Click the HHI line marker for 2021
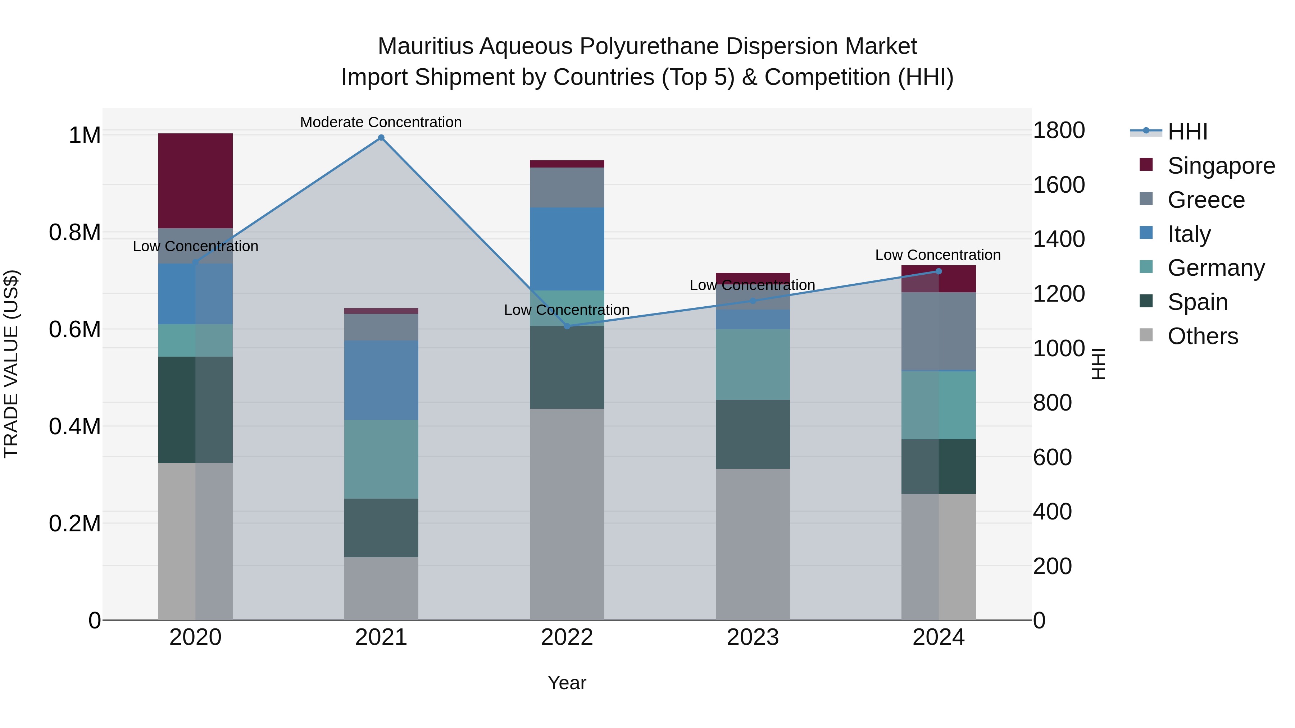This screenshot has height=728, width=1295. click(x=381, y=138)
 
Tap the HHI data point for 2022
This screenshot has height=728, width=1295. click(x=567, y=326)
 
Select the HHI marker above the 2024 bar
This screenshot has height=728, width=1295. click(x=938, y=271)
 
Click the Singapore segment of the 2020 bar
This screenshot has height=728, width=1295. click(x=196, y=180)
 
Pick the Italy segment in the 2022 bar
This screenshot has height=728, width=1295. click(x=567, y=249)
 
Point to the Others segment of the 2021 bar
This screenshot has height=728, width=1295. click(x=381, y=588)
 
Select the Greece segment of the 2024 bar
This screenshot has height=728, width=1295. click(x=938, y=331)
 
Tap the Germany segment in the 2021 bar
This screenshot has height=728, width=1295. click(x=381, y=459)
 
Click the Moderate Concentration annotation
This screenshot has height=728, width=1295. click(x=381, y=122)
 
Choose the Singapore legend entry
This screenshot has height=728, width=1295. click(x=1221, y=166)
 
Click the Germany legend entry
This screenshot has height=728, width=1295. click(x=1216, y=268)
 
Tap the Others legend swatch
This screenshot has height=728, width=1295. click(x=1146, y=335)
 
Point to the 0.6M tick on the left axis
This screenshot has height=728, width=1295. click(x=74, y=330)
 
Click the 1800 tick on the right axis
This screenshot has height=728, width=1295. click(x=1058, y=131)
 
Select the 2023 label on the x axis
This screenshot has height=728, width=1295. click(x=753, y=637)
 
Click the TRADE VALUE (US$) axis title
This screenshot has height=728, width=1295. click(x=11, y=364)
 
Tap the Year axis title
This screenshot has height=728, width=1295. click(x=567, y=683)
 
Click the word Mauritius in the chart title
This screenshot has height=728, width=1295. click(x=425, y=46)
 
